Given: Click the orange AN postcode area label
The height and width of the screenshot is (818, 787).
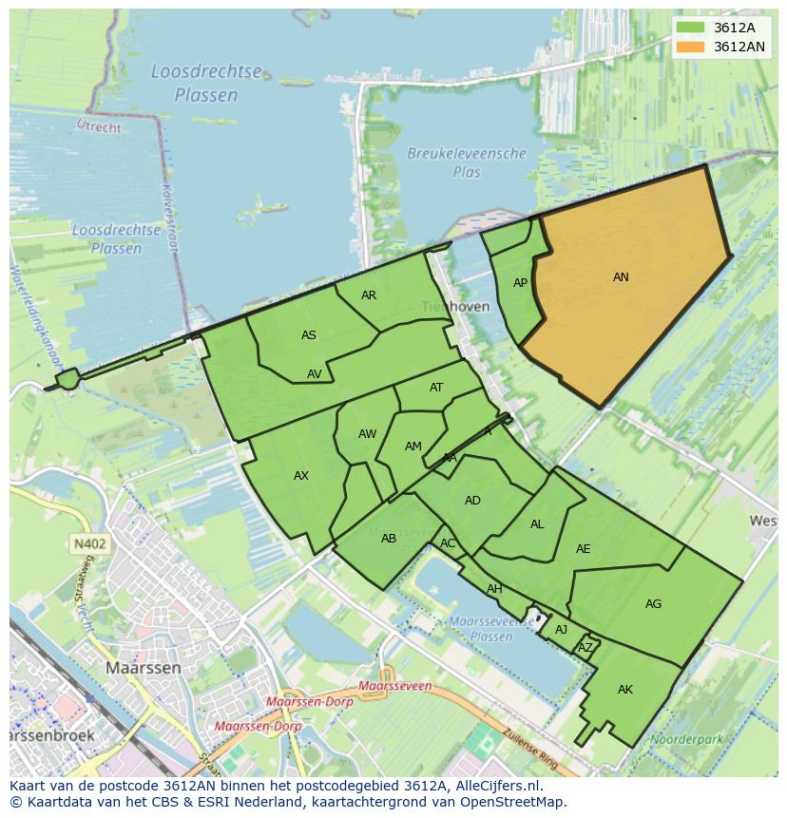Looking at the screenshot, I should (x=621, y=277).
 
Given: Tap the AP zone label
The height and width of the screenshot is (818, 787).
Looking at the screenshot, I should (x=520, y=283).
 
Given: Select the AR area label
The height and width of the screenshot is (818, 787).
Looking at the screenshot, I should (x=369, y=295).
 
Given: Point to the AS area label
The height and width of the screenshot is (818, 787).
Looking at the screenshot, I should (x=309, y=335).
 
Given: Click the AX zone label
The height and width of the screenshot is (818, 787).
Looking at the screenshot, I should (x=301, y=476).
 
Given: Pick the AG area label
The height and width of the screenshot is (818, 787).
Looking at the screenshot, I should (x=653, y=604).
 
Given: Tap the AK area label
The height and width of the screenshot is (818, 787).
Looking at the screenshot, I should (x=624, y=690).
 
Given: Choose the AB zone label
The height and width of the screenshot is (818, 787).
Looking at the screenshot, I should (x=388, y=539).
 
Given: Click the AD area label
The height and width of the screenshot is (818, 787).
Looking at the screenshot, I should (x=472, y=501).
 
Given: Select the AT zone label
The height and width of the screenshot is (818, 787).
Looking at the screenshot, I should (x=436, y=388).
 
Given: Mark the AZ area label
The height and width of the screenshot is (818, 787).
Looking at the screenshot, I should (x=585, y=648).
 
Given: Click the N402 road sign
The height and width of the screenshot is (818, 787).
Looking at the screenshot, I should (x=88, y=544).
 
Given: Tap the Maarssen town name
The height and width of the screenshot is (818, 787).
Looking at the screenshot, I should (x=143, y=668).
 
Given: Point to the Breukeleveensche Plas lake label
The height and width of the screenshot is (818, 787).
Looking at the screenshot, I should (x=467, y=162).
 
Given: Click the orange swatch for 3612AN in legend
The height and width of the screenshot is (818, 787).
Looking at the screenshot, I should (x=691, y=47).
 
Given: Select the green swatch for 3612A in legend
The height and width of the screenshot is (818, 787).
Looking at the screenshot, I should (x=691, y=28).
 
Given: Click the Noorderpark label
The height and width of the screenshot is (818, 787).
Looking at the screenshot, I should (x=681, y=738).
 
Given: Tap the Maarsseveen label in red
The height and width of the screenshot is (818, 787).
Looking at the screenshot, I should (x=396, y=685).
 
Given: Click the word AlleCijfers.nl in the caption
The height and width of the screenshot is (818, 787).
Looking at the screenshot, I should (x=493, y=786).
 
